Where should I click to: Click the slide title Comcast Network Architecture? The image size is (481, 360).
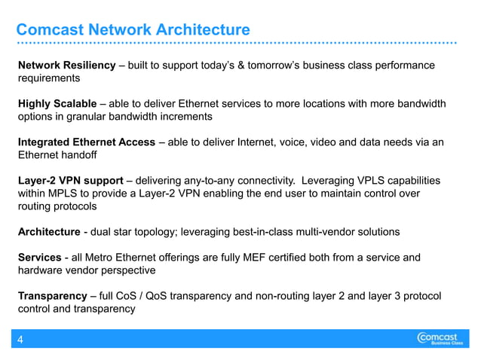(x=133, y=30)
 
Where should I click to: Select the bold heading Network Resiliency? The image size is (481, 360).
(x=66, y=66)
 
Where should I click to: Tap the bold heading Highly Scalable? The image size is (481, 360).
(x=57, y=103)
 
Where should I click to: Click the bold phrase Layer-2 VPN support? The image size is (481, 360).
(x=71, y=181)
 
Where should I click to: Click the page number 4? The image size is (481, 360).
(x=20, y=340)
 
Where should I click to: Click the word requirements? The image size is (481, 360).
(x=49, y=78)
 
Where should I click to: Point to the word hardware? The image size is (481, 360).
(x=41, y=270)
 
